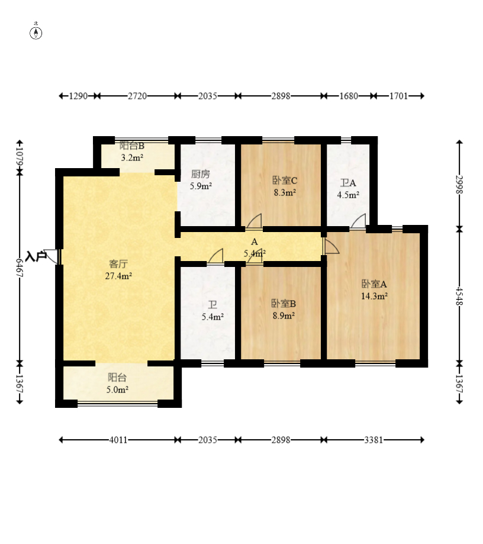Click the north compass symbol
[x=36, y=33]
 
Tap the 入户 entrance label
[x=36, y=257]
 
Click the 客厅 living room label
[x=118, y=264]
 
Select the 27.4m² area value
[x=118, y=276]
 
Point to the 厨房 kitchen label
[x=201, y=174]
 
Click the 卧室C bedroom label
[x=285, y=181]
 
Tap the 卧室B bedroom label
[x=284, y=304]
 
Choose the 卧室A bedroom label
[x=374, y=284]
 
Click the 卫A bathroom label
[x=348, y=183]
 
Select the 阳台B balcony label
[x=132, y=146]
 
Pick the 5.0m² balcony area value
[x=117, y=390]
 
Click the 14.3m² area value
[x=374, y=297]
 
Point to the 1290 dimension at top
[x=78, y=96]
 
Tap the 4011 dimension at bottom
[x=118, y=440]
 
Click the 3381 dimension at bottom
[x=373, y=440]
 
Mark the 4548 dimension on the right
[x=459, y=296]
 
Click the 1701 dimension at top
[x=398, y=96]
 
